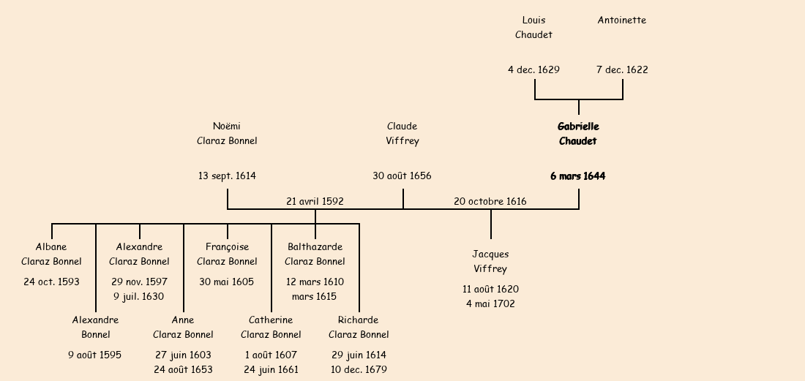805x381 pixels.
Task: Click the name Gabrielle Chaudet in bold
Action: click(578, 134)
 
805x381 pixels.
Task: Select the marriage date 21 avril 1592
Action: click(315, 201)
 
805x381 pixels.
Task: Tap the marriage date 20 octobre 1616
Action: click(490, 201)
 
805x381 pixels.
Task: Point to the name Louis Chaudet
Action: click(533, 27)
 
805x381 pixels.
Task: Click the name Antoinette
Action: click(621, 20)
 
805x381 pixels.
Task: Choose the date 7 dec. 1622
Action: click(622, 70)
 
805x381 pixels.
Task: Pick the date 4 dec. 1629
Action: click(533, 70)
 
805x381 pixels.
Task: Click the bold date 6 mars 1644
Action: click(578, 176)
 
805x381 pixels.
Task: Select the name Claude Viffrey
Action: click(402, 134)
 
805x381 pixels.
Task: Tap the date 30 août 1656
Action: click(402, 176)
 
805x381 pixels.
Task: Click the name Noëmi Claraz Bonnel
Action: click(227, 134)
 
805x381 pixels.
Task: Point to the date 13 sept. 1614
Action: click(227, 176)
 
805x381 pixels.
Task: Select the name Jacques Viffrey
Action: click(490, 261)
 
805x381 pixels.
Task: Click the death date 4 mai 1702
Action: click(490, 303)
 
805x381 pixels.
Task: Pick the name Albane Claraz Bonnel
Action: click(51, 254)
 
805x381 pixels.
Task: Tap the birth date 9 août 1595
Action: click(95, 355)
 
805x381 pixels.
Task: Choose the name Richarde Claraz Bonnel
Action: click(359, 327)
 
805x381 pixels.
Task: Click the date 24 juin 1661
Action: click(271, 369)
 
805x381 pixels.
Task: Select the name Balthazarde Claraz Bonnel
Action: click(315, 254)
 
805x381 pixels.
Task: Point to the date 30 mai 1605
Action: click(227, 282)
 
